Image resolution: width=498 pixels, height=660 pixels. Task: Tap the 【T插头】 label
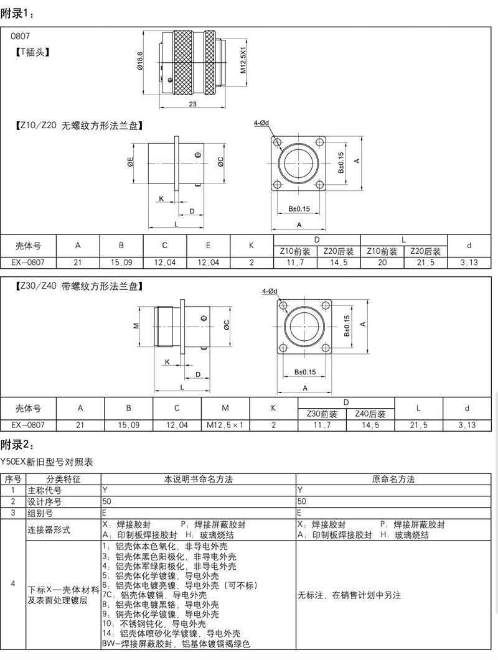tap(32, 52)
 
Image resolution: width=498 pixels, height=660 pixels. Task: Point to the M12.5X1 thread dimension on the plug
tap(243, 60)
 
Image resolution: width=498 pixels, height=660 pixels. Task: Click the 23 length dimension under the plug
tap(192, 104)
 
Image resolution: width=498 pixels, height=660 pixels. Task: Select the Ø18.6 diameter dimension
tap(141, 62)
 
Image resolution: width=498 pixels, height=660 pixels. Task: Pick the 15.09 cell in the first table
tap(121, 263)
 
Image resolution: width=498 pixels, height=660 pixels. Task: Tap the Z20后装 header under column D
tap(339, 252)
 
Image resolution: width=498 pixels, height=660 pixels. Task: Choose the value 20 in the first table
tap(382, 263)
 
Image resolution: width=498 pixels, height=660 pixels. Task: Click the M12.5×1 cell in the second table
tap(225, 425)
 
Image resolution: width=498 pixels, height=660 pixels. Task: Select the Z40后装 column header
tap(371, 414)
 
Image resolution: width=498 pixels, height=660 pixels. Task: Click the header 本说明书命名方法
tap(198, 479)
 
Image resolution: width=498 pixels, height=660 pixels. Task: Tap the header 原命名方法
tap(393, 479)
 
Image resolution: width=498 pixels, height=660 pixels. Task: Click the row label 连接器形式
tap(49, 530)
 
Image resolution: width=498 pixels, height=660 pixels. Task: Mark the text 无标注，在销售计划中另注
tap(349, 595)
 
